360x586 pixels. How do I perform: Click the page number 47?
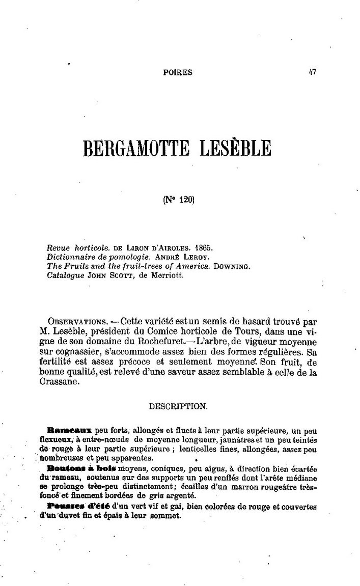312,72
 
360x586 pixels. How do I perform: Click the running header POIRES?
178,73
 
